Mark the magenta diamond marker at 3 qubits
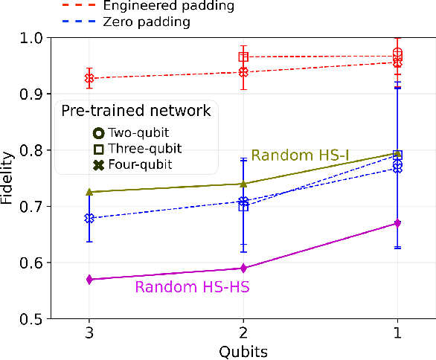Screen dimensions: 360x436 [89, 280]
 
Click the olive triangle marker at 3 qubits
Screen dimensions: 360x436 [89, 192]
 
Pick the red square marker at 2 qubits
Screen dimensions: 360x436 [243, 57]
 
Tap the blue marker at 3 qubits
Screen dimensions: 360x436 [89, 218]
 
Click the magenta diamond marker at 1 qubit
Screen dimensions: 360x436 [397, 223]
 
